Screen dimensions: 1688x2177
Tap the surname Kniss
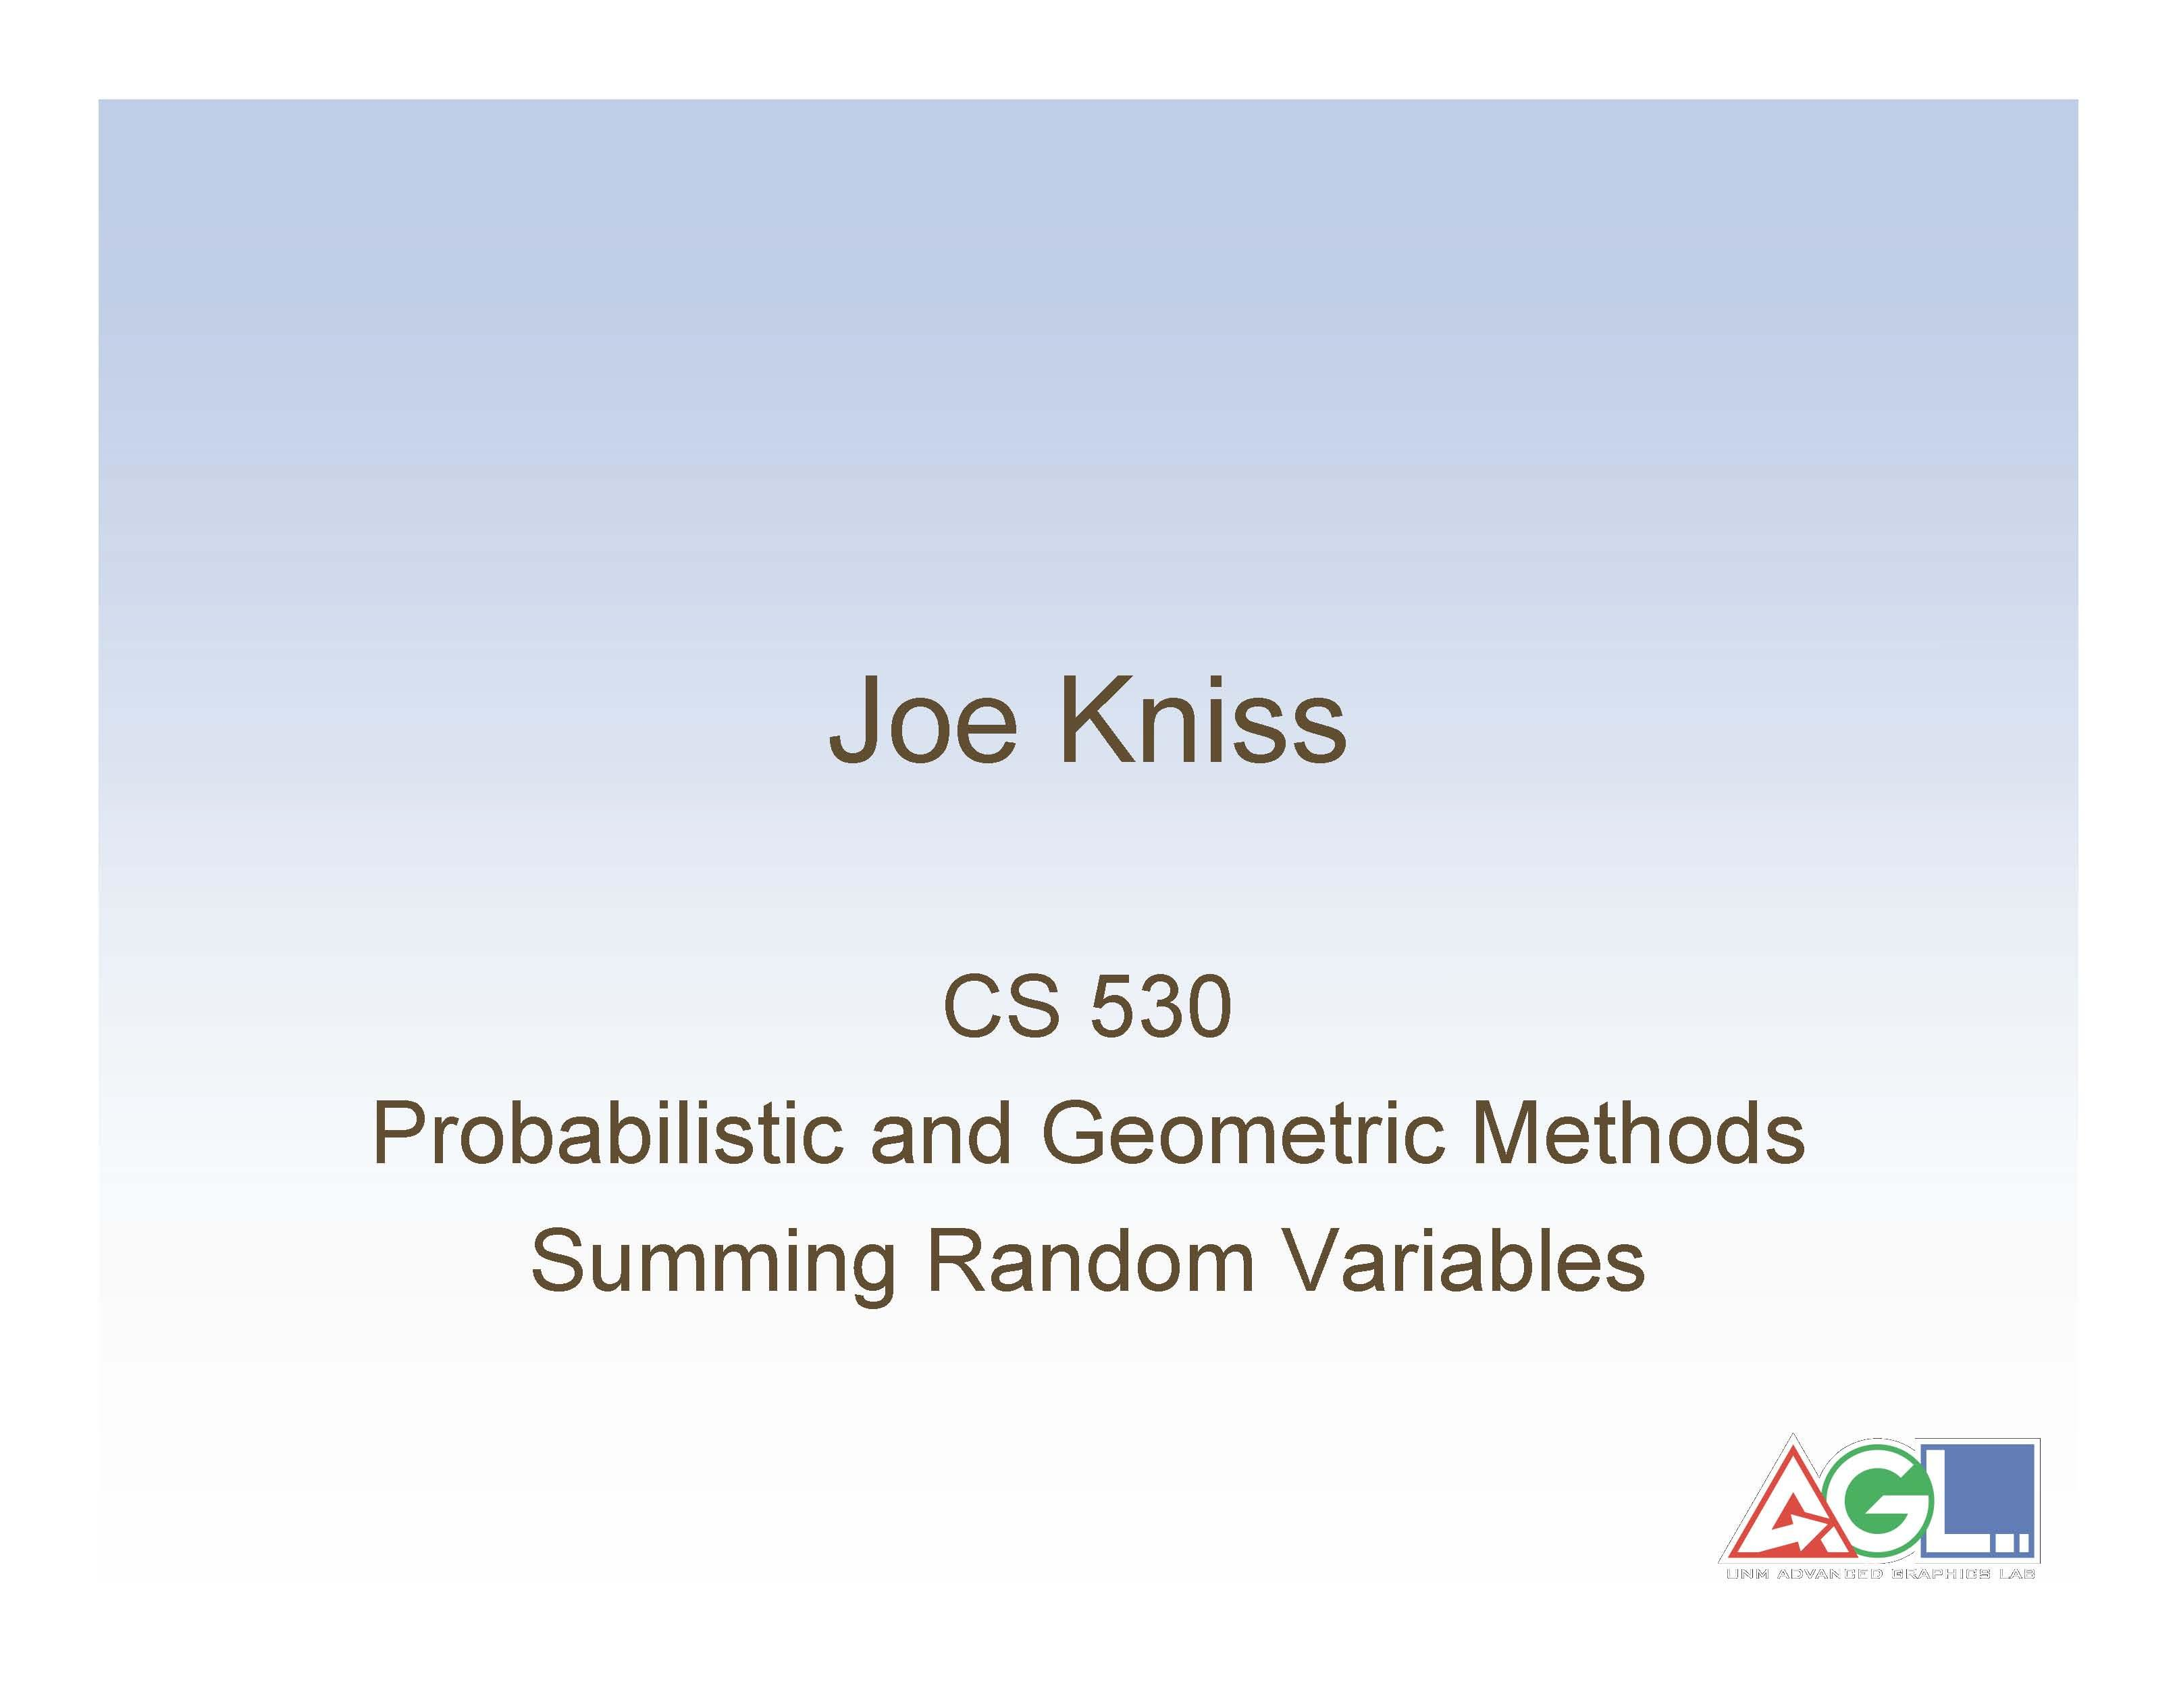coord(1206,720)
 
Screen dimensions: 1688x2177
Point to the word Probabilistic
coord(606,1135)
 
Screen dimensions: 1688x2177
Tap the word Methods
coord(1637,1135)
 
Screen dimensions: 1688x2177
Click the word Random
coord(1089,1261)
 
